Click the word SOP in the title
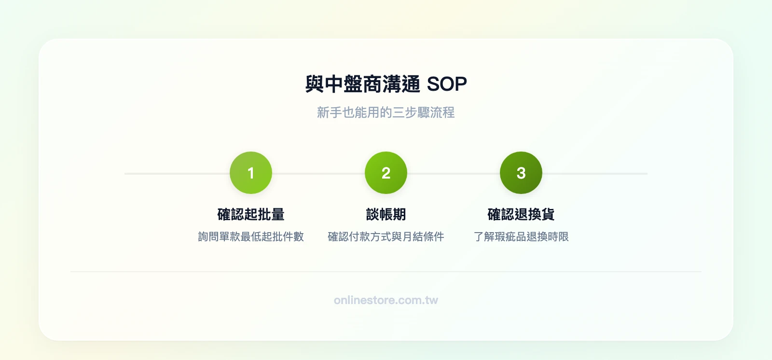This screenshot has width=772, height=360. [447, 84]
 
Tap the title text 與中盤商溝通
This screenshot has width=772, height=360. [363, 84]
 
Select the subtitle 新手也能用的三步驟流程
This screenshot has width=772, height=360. [386, 112]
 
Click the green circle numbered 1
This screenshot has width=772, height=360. [251, 173]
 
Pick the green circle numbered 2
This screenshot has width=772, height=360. [386, 173]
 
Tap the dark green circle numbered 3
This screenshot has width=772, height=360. [521, 173]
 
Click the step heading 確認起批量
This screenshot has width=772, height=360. [251, 214]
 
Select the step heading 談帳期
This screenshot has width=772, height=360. [386, 214]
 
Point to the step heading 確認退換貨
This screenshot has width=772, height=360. [521, 214]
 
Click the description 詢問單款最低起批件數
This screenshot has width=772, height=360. [251, 236]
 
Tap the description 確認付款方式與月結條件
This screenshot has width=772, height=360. [386, 236]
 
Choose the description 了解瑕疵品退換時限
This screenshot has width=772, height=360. [521, 236]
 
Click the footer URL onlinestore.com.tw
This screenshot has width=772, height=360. [386, 300]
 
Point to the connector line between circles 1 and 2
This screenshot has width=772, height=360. [318, 173]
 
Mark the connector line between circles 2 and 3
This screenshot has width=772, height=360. [454, 173]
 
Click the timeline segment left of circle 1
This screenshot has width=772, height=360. [177, 173]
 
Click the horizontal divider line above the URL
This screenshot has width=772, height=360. [386, 272]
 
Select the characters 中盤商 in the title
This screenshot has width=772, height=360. [353, 84]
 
